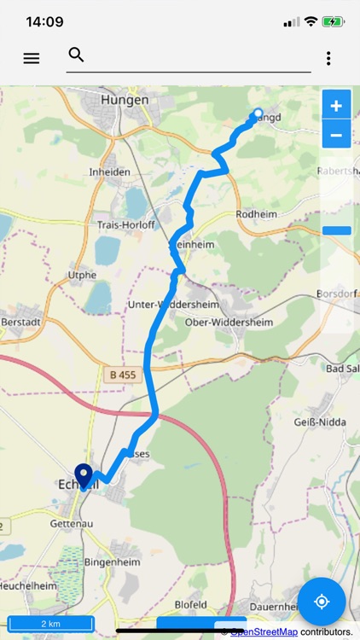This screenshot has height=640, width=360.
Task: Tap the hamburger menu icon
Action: click(32, 58)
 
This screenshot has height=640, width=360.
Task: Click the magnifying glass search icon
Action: click(76, 55)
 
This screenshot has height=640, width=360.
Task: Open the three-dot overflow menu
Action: click(328, 58)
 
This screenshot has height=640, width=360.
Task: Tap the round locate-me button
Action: click(322, 602)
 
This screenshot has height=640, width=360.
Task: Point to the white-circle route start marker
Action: click(258, 113)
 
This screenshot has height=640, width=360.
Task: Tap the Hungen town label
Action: click(125, 100)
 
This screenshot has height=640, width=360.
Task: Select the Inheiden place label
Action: click(110, 172)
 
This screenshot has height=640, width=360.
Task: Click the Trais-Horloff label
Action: click(125, 226)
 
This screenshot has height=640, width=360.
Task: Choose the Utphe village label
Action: click(82, 276)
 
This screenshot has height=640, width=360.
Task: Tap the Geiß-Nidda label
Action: click(317, 422)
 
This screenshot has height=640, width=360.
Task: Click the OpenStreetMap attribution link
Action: click(264, 631)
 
